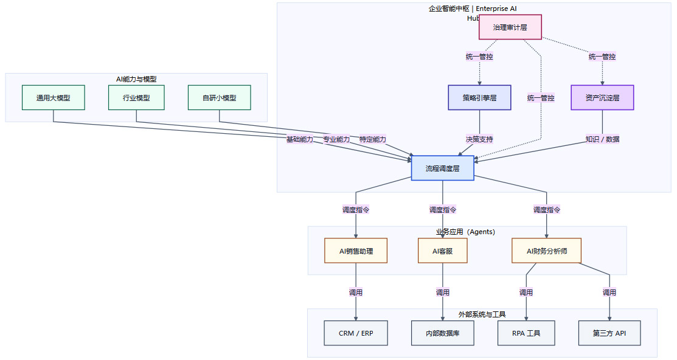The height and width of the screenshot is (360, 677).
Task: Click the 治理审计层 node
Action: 510,27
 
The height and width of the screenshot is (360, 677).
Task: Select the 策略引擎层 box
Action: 479,97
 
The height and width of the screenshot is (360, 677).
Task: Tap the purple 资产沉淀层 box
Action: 602,97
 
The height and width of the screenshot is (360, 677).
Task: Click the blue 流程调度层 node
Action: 442,168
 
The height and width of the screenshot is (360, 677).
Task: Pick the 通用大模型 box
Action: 53,97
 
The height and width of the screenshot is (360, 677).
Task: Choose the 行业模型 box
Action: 136,97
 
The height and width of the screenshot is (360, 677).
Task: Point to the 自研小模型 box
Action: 219,97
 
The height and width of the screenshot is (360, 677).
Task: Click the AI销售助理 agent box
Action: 356,251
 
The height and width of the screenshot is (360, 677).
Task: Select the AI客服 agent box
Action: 442,251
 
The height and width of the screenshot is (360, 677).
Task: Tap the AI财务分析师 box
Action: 547,251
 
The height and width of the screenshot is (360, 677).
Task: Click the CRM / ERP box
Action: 356,333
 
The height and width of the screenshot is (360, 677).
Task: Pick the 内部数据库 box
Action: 442,333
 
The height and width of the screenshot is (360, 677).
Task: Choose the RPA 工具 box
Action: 526,333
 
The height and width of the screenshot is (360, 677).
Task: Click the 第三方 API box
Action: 609,333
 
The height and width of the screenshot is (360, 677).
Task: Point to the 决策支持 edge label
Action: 479,139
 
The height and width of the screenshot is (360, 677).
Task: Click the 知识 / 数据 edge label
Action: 602,139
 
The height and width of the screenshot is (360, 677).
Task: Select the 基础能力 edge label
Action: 300,139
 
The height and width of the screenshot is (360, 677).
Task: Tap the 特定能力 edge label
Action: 373,139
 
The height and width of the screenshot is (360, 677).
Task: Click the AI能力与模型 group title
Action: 136,79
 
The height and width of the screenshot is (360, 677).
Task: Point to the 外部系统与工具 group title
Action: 482,314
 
